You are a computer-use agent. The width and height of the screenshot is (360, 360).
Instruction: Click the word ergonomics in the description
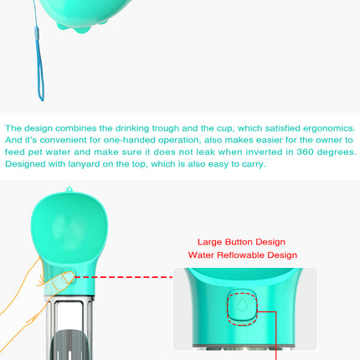pos(329,129)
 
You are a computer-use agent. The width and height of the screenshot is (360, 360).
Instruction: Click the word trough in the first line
pos(165,129)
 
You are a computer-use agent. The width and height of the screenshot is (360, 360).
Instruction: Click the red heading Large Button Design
pos(241,242)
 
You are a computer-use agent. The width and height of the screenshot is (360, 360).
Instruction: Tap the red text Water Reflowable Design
pos(243,255)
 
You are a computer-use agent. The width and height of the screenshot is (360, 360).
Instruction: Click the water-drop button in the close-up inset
pos(242,306)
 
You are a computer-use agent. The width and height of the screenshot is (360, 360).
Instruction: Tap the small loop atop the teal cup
pos(69,189)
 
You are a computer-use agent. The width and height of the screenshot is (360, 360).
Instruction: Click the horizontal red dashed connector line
pos(124,277)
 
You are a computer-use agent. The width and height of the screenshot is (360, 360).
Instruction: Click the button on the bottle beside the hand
pos(69,276)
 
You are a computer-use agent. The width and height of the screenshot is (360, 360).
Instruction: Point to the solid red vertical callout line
pos(275,336)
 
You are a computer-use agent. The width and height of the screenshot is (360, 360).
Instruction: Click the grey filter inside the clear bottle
pos(69,345)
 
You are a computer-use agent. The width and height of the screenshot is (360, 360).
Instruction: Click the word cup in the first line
pos(224,129)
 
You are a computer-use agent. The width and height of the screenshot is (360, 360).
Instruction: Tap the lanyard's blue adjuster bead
pos(37,32)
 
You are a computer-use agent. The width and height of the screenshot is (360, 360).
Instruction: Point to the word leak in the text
pos(205,152)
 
